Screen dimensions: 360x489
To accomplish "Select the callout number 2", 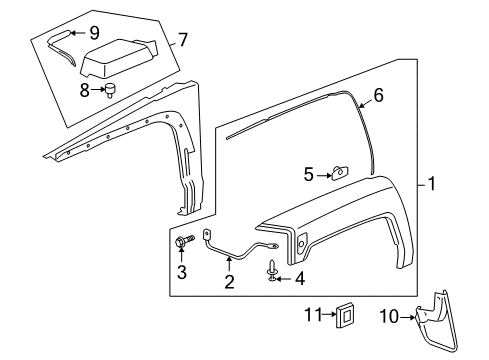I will click(229, 283).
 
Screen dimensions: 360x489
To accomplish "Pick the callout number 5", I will click(308, 174).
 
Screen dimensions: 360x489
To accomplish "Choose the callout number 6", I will click(378, 97).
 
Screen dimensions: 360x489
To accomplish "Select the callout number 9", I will click(94, 32).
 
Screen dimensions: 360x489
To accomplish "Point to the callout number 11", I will click(309, 317).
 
